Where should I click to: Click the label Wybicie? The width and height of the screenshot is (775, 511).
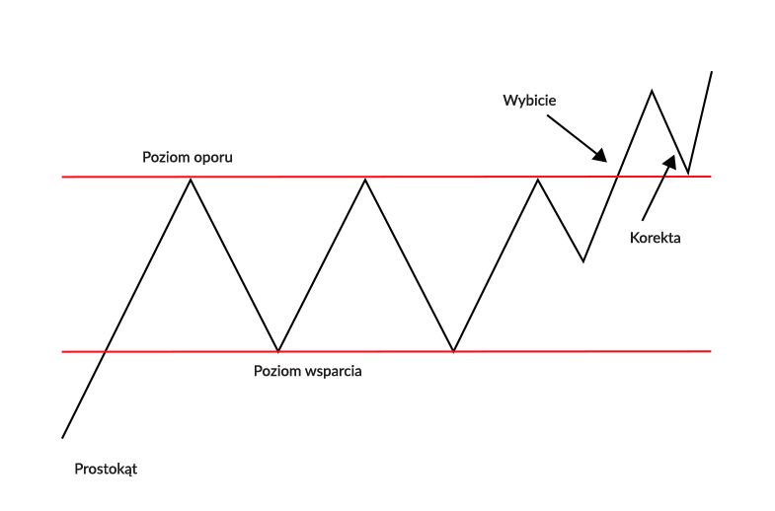coord(530,101)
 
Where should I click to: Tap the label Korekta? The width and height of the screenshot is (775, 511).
coord(656,238)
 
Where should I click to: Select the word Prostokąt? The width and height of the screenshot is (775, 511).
coord(106,469)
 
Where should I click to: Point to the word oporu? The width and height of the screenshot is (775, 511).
coord(212,158)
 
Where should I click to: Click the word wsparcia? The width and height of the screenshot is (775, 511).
coord(334,373)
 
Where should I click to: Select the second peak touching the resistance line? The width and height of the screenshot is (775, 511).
coord(365,178)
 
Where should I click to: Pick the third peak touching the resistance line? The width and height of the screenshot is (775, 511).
coord(538,178)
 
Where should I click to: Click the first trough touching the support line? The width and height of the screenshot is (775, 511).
coord(279,351)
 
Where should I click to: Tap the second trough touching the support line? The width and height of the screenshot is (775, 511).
coord(453,351)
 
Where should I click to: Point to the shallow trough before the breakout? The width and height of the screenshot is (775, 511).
coord(583,261)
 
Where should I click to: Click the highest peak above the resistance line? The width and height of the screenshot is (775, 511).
coord(652,91)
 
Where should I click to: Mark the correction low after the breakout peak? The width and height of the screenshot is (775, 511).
coord(688,173)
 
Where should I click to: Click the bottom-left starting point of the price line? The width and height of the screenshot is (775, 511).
coord(62,437)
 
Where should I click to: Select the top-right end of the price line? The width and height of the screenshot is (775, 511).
coord(711,71)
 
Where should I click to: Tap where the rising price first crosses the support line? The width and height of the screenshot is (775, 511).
coord(105,351)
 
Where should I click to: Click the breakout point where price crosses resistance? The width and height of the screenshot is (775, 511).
coord(618,177)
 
